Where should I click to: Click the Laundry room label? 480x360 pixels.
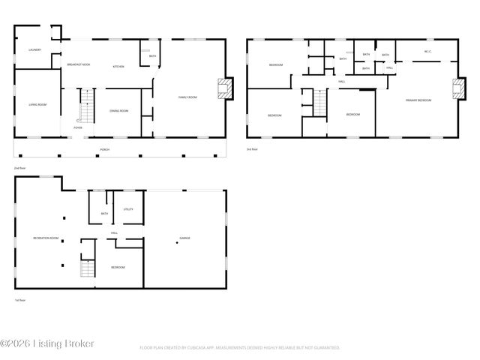34,50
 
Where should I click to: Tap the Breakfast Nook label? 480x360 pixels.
79,64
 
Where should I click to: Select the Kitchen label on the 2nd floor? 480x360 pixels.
118,67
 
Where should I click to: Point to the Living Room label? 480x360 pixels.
38,104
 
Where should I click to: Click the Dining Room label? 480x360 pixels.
119,111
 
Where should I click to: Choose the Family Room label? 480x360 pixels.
187,97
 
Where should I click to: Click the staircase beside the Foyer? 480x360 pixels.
85,106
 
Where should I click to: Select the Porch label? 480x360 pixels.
105,149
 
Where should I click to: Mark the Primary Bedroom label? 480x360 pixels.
418,100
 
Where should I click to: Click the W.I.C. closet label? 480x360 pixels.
427,52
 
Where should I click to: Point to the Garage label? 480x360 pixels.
184,238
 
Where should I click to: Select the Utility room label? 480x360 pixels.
128,208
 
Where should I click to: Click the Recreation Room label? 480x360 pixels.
46,238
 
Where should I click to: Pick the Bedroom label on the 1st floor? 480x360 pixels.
118,267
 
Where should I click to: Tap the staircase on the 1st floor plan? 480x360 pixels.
88,268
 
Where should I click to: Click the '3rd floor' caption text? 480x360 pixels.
252,149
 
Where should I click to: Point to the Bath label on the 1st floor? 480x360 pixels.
104,214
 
